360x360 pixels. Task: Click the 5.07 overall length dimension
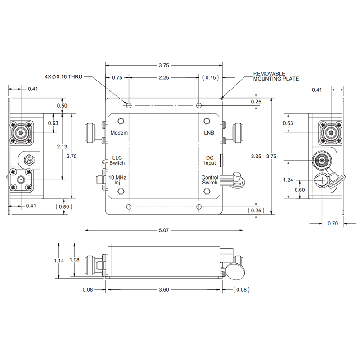pos(164,231)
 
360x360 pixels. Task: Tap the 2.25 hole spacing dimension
pos(164,77)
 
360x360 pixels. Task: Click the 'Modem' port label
pos(119,133)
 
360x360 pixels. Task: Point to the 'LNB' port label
pos(208,133)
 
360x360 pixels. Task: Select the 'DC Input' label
pos(210,160)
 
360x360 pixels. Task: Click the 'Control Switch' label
pos(210,180)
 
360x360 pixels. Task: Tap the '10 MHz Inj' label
pos(118,180)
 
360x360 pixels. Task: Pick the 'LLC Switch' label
pos(117,160)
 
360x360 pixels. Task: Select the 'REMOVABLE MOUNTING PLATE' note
pos(276,76)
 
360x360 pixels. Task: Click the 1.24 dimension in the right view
pos(288,180)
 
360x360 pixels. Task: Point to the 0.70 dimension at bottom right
pos(333,223)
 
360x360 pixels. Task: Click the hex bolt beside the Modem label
pos(121,121)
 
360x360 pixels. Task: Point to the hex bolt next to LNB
pos(207,121)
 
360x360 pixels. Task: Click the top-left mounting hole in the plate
pos(129,106)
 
